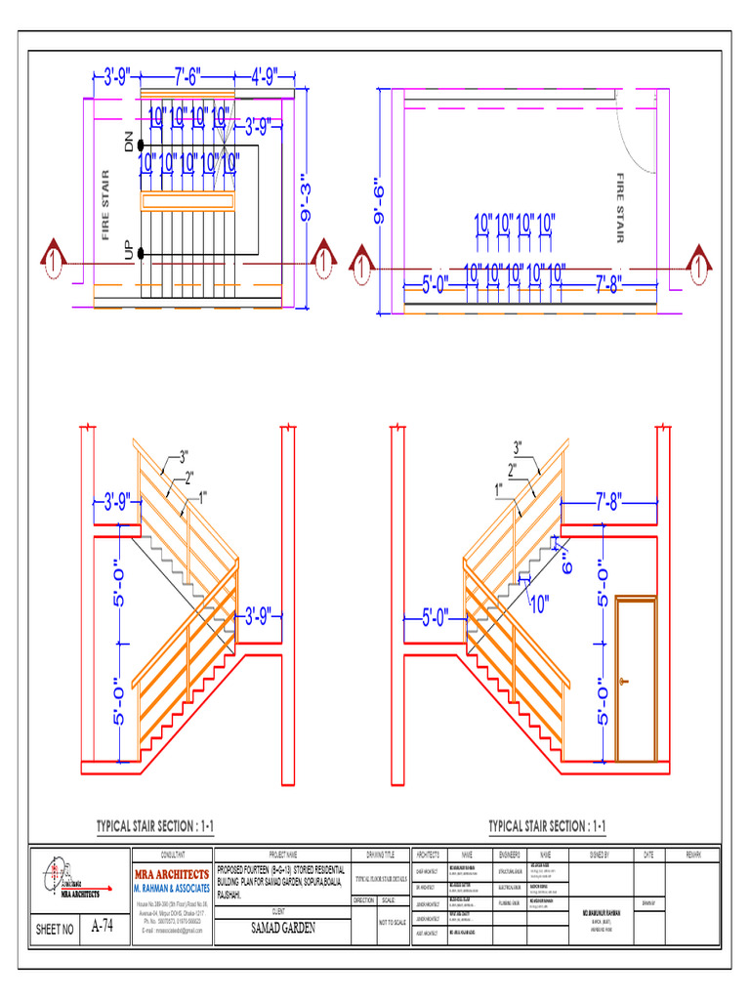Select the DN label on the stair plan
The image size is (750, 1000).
[x=127, y=143]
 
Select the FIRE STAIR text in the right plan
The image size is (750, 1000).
[x=619, y=207]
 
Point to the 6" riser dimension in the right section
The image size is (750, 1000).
[x=564, y=562]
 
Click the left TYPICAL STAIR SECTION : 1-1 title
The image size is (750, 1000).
[x=155, y=827]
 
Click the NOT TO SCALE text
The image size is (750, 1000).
[x=392, y=922]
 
